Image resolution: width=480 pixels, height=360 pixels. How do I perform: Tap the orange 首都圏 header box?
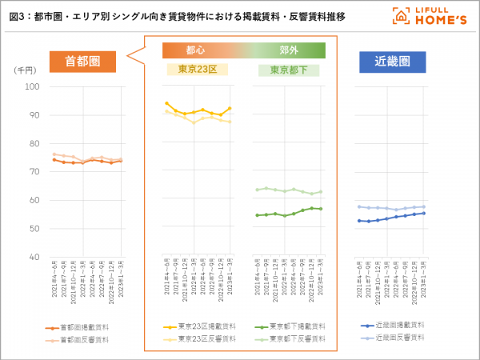click(x=82, y=62)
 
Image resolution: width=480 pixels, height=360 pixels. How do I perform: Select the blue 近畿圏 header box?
click(x=391, y=62)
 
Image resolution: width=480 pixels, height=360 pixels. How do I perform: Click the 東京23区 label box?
click(x=196, y=70)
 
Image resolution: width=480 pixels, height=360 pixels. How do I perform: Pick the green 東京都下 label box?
click(x=289, y=70)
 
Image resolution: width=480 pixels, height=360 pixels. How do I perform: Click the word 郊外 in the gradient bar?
click(x=289, y=50)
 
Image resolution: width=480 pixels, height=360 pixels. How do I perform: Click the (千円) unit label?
click(x=25, y=71)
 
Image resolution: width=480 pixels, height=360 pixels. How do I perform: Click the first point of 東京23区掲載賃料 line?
click(x=166, y=103)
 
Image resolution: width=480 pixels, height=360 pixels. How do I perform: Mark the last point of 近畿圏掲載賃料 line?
click(x=423, y=213)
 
